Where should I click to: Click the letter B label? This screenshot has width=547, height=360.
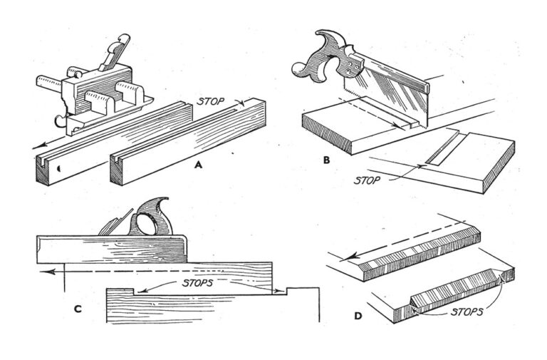point(326,160)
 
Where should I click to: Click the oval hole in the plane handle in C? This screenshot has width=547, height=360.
point(151,224)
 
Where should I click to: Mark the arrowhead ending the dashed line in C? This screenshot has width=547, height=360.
point(43,272)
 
